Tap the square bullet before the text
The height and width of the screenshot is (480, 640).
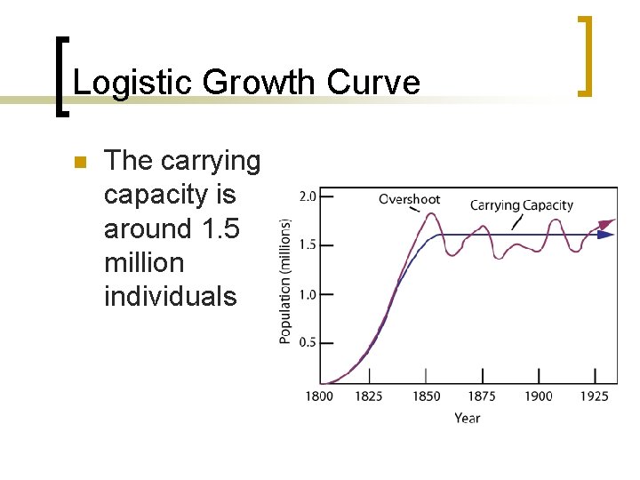click(x=77, y=163)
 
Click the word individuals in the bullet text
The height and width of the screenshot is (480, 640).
click(x=171, y=296)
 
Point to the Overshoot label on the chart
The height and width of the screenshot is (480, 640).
click(x=409, y=198)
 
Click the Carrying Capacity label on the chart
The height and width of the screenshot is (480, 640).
click(x=521, y=205)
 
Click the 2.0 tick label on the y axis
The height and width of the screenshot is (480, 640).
click(x=307, y=196)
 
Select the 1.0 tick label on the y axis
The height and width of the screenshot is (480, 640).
click(x=307, y=294)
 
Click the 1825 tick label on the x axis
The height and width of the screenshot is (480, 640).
click(x=369, y=396)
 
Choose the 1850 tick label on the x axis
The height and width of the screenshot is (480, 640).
click(x=425, y=396)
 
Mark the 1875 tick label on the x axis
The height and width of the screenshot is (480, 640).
click(x=481, y=396)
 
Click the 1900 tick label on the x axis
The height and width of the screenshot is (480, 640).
click(x=538, y=396)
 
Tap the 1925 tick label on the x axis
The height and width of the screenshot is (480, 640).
click(x=593, y=396)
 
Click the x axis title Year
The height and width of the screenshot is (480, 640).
click(x=467, y=418)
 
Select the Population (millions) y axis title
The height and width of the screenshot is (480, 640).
click(x=285, y=282)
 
